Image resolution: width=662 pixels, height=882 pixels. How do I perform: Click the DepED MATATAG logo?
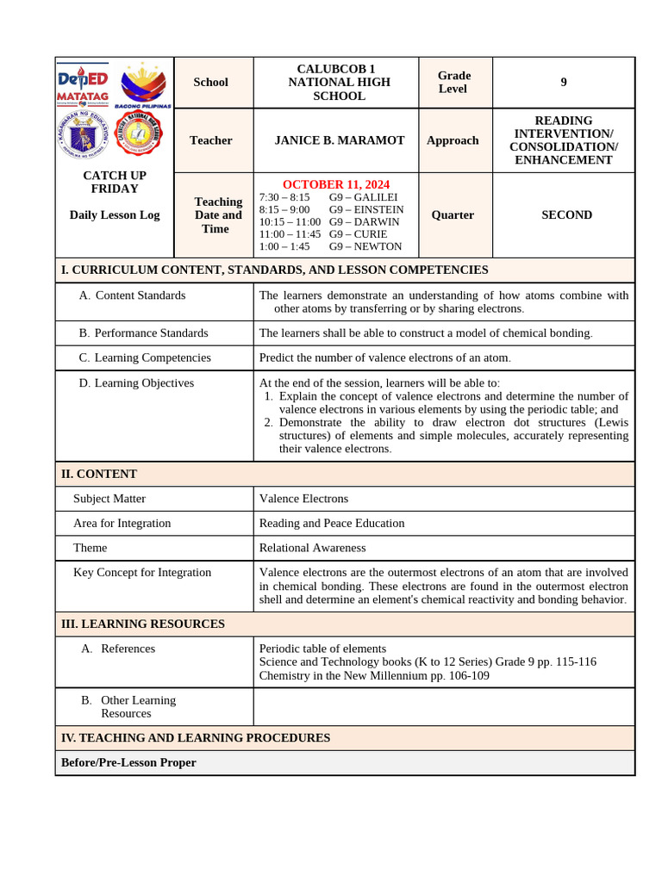click(x=82, y=84)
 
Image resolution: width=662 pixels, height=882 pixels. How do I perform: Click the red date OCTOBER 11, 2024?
click(x=335, y=184)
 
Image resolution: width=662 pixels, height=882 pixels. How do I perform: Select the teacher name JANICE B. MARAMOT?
click(x=339, y=140)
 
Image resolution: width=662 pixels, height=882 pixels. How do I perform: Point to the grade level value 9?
click(x=564, y=83)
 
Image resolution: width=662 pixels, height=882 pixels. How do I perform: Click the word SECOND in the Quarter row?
click(x=566, y=215)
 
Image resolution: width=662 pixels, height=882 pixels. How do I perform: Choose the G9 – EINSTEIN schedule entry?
click(x=366, y=209)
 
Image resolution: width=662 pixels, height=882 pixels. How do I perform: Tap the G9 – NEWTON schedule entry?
click(x=365, y=246)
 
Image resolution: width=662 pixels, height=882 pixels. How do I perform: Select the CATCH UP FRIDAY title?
click(x=115, y=182)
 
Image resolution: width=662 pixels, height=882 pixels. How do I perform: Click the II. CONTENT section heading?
click(x=99, y=474)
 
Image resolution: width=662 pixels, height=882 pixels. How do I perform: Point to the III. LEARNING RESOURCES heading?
click(x=143, y=624)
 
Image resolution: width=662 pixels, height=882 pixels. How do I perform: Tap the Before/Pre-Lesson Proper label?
click(x=128, y=762)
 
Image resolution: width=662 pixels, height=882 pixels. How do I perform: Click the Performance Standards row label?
click(x=144, y=333)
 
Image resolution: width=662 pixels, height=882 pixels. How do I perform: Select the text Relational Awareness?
click(x=312, y=548)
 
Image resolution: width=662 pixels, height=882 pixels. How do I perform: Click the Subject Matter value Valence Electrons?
click(x=303, y=499)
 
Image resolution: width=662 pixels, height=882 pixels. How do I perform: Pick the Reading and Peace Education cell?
click(x=331, y=523)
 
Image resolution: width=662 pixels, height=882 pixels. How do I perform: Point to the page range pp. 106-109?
click(x=436, y=675)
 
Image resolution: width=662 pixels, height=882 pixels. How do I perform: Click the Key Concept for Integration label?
click(x=142, y=572)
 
